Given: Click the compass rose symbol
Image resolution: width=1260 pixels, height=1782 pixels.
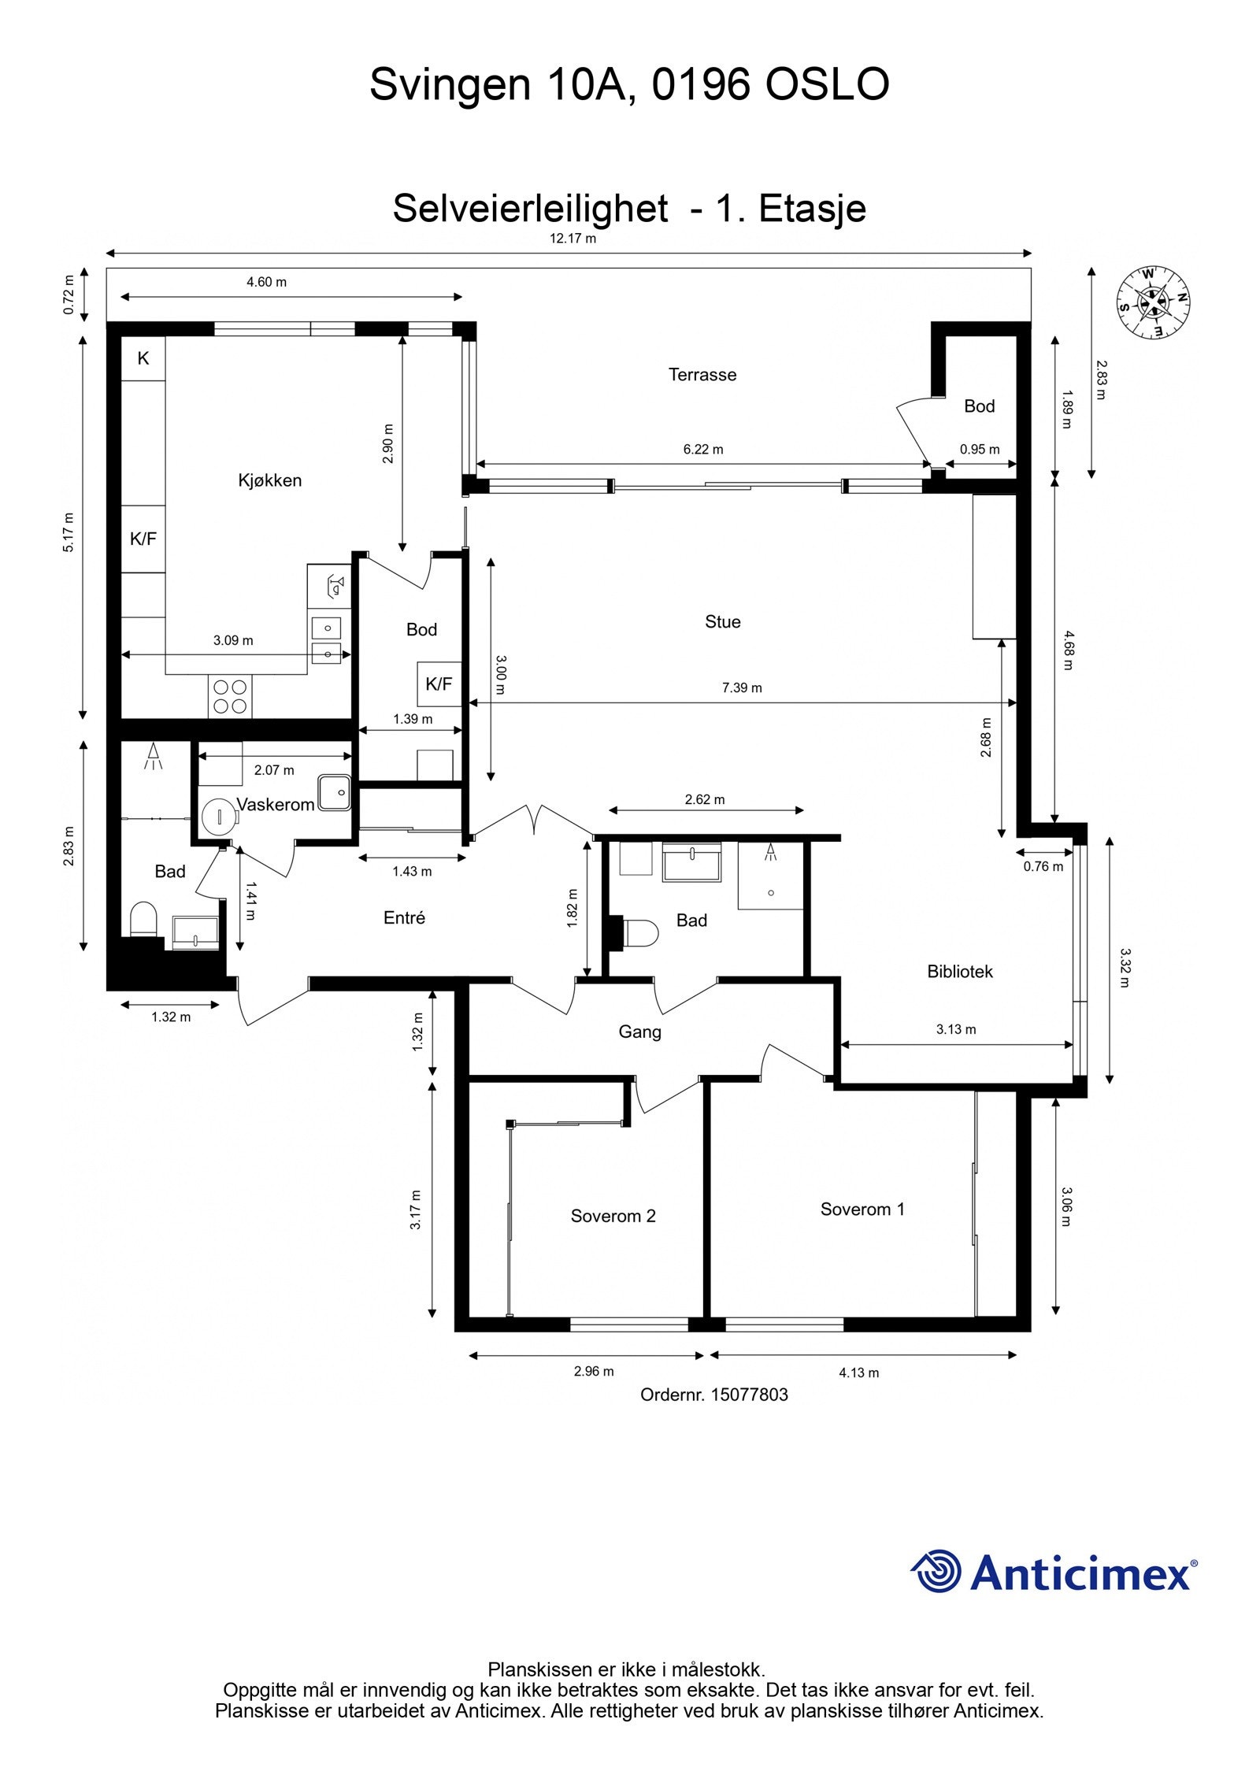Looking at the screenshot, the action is [x=1154, y=303].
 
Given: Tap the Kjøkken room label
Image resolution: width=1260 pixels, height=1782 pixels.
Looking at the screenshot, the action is [x=270, y=480].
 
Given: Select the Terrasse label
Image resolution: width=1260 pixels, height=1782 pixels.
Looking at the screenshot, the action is [x=702, y=375].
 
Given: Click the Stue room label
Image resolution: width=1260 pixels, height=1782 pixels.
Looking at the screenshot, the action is [x=722, y=622].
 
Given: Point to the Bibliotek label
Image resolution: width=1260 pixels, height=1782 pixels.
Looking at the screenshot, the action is [x=960, y=972].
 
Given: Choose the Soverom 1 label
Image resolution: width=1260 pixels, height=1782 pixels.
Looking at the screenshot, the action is [x=862, y=1209].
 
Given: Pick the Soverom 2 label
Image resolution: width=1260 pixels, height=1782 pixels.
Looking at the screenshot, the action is [x=613, y=1216].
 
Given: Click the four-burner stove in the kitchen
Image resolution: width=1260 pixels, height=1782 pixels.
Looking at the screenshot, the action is [x=230, y=697].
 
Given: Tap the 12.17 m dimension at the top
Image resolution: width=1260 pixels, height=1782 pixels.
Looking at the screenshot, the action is [x=573, y=239].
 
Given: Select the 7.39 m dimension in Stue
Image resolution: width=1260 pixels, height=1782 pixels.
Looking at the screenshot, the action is [x=742, y=687].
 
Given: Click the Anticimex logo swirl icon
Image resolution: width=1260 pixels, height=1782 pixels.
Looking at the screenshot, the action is [x=936, y=1571].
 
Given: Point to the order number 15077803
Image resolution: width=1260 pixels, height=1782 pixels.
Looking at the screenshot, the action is [x=749, y=1395].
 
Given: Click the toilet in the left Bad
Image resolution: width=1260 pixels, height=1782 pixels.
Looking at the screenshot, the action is [x=143, y=919].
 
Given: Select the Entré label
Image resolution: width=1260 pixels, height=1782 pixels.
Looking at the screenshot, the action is [x=404, y=917].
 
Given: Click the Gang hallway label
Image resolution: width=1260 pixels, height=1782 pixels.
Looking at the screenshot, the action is [x=639, y=1032].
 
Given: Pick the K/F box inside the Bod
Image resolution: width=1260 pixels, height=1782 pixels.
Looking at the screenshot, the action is [x=439, y=684].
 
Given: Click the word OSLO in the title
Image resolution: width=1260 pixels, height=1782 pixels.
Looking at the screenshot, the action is [x=828, y=84].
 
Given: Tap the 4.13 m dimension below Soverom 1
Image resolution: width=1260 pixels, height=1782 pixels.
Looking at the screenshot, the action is [x=858, y=1373].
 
